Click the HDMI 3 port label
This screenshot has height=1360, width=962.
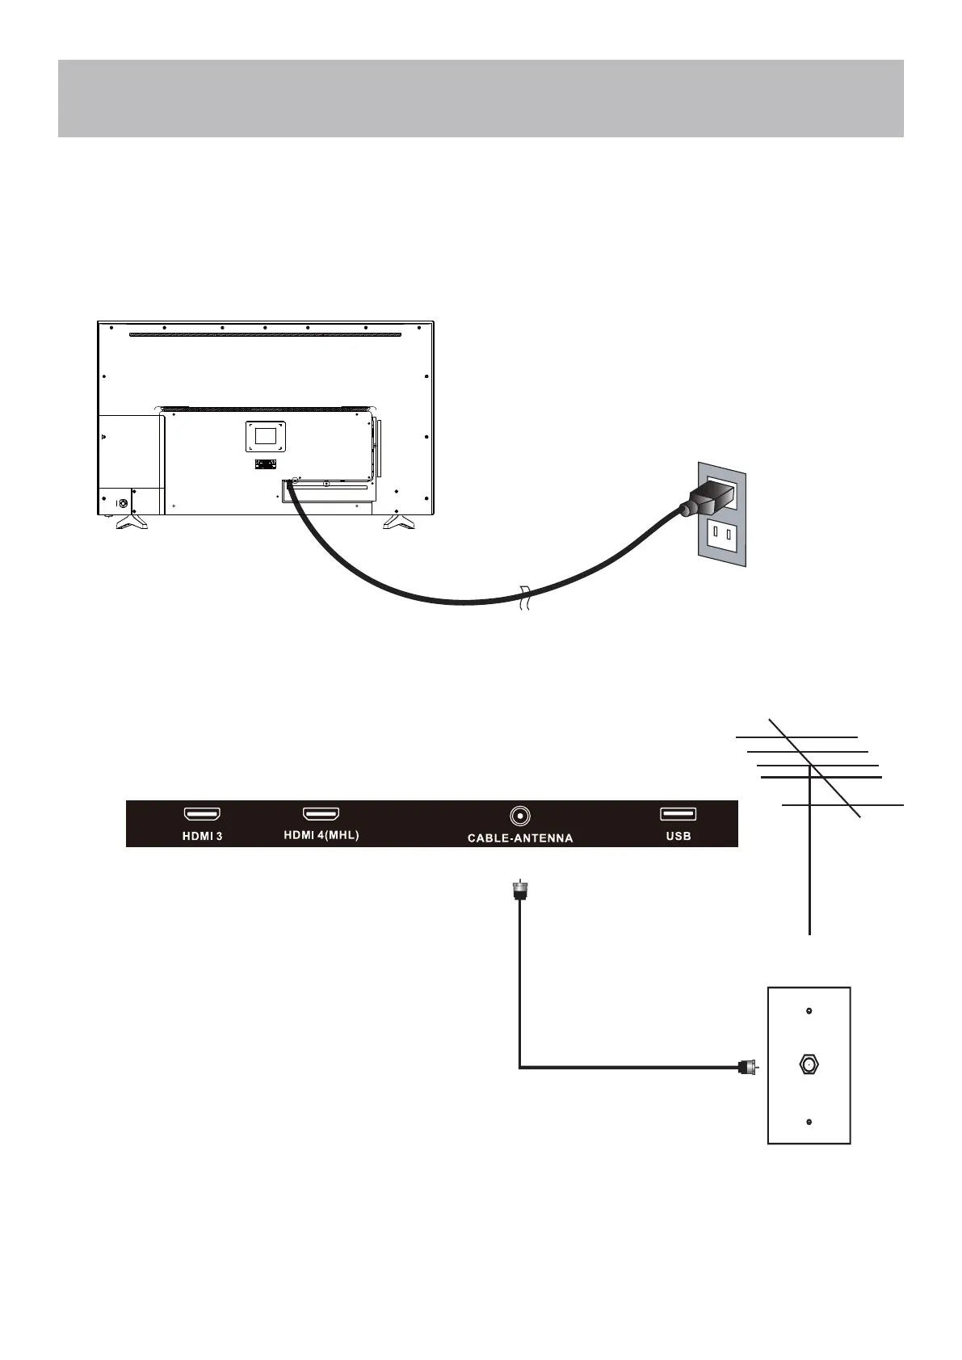pyautogui.click(x=201, y=836)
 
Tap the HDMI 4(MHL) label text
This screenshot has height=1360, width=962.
pyautogui.click(x=321, y=835)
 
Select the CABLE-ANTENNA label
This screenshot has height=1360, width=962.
pyautogui.click(x=520, y=837)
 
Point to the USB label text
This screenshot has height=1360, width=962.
pyautogui.click(x=678, y=836)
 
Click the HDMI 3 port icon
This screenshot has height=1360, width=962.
pyautogui.click(x=202, y=814)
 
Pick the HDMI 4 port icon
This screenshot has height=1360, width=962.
pyautogui.click(x=321, y=814)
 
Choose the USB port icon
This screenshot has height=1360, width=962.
pyautogui.click(x=678, y=814)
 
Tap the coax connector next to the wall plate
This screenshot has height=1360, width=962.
pyautogui.click(x=747, y=1067)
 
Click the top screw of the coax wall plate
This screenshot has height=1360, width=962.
pyautogui.click(x=809, y=1010)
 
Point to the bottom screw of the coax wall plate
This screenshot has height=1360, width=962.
pyautogui.click(x=809, y=1123)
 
